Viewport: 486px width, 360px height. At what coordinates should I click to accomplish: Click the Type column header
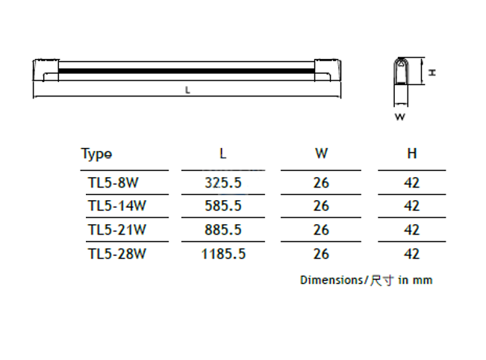click(x=96, y=154)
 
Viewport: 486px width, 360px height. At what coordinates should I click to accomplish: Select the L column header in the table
click(x=222, y=154)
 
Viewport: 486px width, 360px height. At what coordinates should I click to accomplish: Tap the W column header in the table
click(x=321, y=154)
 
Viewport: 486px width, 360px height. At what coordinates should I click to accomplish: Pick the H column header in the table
click(x=411, y=154)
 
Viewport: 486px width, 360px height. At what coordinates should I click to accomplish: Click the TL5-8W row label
click(x=113, y=182)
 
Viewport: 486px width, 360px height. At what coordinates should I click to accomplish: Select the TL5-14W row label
click(x=116, y=205)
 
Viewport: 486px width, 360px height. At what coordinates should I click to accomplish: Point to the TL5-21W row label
click(x=116, y=229)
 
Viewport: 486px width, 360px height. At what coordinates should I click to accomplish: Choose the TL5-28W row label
click(x=116, y=253)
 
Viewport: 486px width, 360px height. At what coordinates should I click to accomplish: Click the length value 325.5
click(x=222, y=182)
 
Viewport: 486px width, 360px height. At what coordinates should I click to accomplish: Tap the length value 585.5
click(x=222, y=205)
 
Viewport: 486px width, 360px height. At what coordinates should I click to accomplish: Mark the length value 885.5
click(x=222, y=229)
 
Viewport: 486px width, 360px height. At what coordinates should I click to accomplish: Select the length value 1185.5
click(x=222, y=253)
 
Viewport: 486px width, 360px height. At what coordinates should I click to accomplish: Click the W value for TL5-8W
click(x=321, y=182)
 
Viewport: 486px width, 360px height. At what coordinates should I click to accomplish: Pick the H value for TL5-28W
click(x=411, y=253)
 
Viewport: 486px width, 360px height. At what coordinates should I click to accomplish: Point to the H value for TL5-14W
click(x=411, y=205)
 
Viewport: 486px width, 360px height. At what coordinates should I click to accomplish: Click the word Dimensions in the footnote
click(x=330, y=280)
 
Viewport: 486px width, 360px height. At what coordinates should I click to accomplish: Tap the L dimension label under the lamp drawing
click(x=187, y=90)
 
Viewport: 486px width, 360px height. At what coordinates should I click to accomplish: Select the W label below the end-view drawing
click(x=399, y=117)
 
